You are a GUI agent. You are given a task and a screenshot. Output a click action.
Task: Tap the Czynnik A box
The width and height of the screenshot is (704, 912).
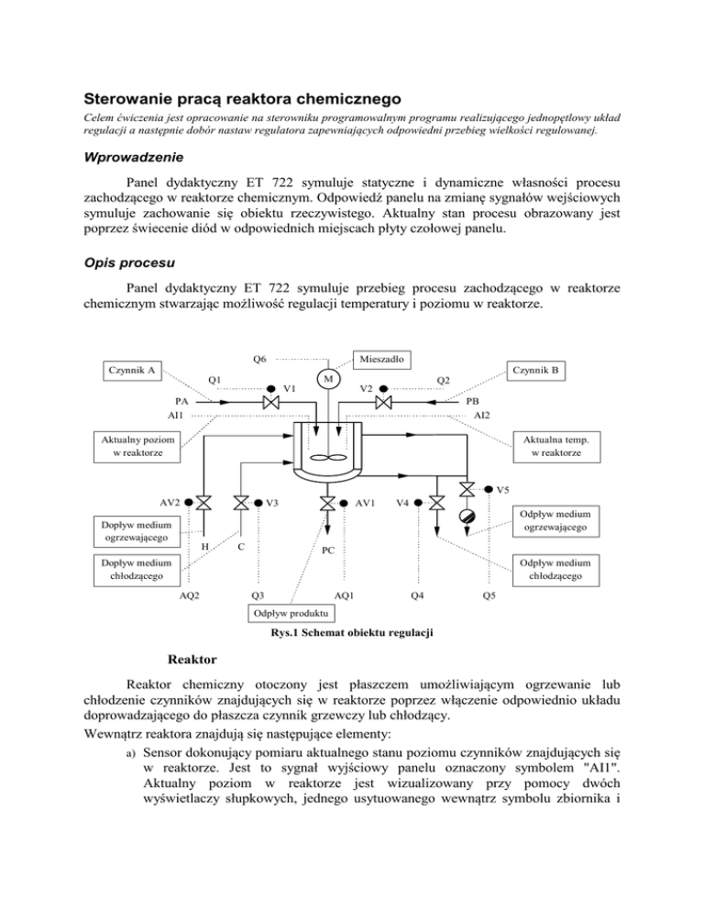tap(130, 371)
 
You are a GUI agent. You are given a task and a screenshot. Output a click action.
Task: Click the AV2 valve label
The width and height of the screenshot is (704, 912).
tap(170, 502)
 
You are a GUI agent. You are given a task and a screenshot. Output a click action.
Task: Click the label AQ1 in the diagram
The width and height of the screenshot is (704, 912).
tap(346, 595)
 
